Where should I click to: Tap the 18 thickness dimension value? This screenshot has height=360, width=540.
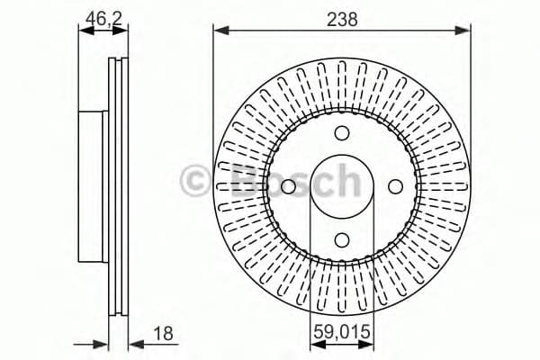coord(162,334)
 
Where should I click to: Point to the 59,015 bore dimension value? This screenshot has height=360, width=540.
coord(341,334)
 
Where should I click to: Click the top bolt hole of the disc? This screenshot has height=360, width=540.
coord(342,134)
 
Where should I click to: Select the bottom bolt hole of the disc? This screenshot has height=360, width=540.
coord(342,239)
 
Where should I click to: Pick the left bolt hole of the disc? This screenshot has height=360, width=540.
coord(289,186)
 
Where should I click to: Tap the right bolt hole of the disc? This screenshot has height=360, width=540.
coord(394,186)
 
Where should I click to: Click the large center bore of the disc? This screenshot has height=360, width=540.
coord(342,186)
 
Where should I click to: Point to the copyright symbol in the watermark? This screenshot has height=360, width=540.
coord(195,180)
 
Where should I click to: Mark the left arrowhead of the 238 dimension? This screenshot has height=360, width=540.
coord(220,31)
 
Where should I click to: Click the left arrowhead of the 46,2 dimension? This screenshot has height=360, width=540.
coord(85,31)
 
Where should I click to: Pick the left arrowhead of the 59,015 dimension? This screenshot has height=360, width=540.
coord(315,344)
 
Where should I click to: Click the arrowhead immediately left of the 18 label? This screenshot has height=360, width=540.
coord(134,344)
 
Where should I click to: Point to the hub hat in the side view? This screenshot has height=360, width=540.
coord(94,186)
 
